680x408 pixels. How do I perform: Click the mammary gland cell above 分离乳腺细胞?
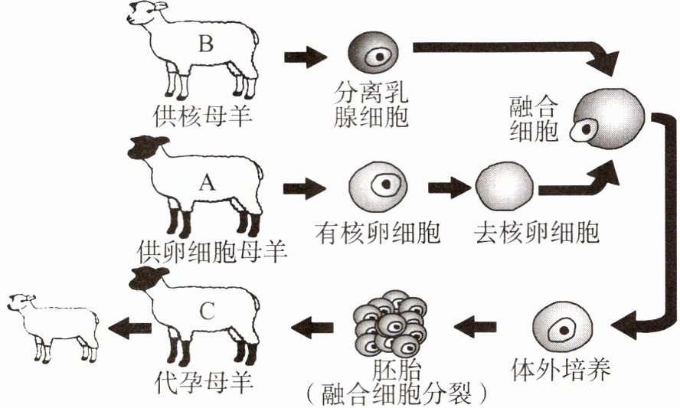372,56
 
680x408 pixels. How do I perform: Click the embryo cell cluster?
391,325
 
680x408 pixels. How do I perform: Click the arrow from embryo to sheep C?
311,328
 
